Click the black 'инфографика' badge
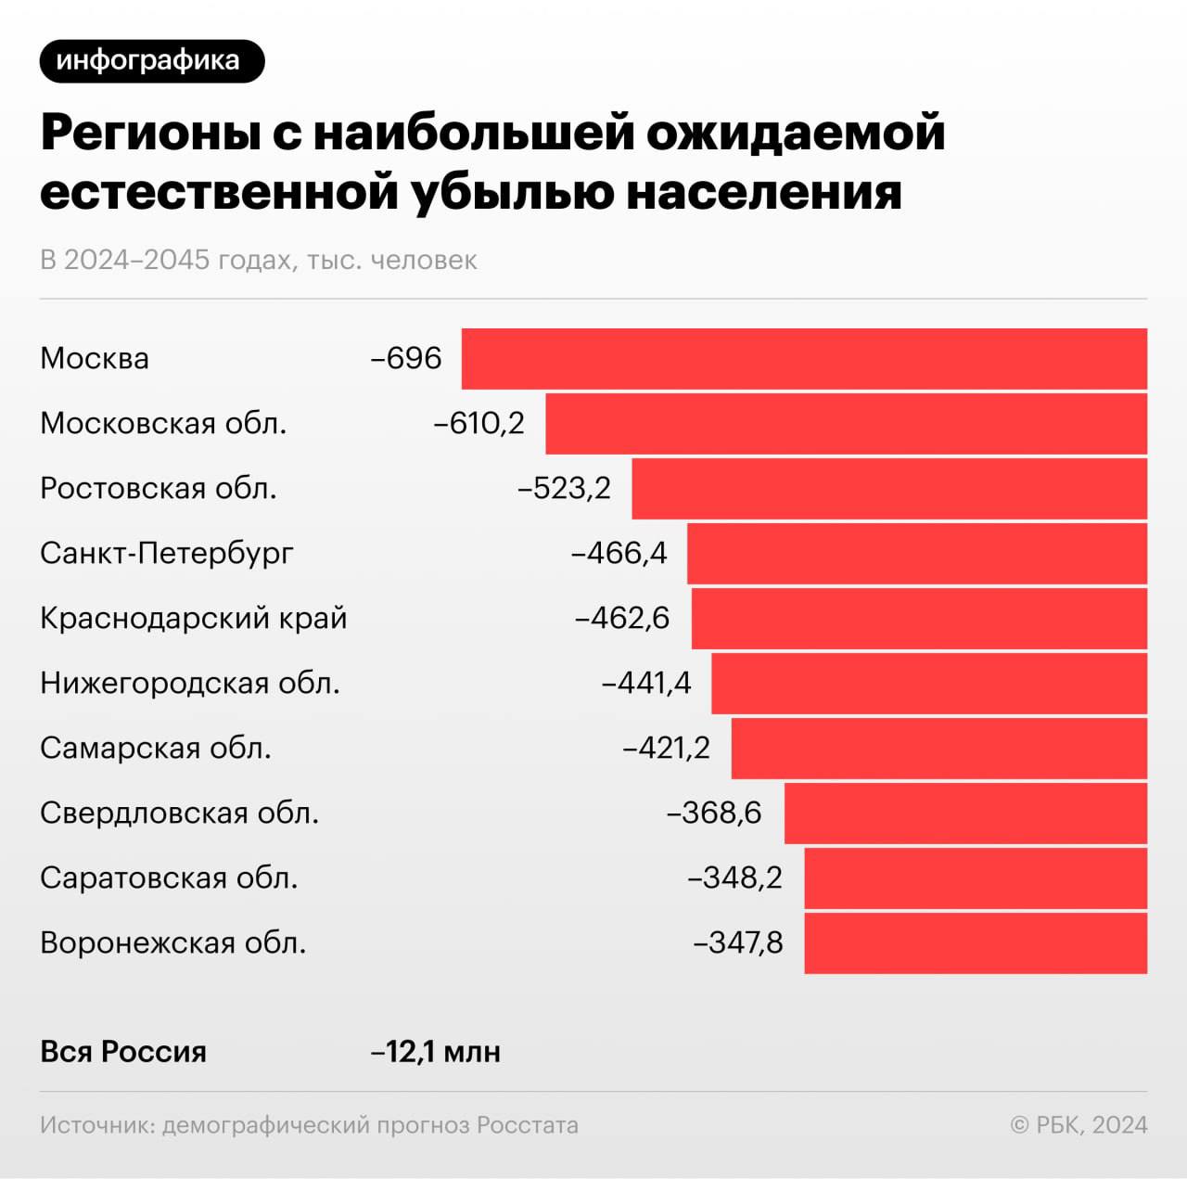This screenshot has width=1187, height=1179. click(x=152, y=61)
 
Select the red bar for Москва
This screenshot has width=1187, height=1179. click(x=804, y=359)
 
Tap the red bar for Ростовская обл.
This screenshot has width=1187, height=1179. click(x=889, y=489)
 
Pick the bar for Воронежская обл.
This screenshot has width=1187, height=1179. click(x=976, y=943)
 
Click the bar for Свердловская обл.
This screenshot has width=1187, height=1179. click(x=965, y=814)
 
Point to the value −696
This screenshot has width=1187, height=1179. click(x=406, y=359)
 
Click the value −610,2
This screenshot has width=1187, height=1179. click(x=479, y=424)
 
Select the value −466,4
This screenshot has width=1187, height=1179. click(x=619, y=554)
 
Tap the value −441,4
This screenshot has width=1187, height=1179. click(x=647, y=684)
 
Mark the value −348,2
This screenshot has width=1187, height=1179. click(x=735, y=878)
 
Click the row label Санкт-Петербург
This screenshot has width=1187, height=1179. click(x=167, y=554)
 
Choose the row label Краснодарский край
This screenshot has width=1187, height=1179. click(x=193, y=619)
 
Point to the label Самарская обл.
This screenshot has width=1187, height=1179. click(x=156, y=749)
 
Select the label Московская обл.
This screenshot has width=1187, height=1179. click(x=163, y=424)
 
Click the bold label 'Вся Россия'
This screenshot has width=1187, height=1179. click(x=123, y=1052)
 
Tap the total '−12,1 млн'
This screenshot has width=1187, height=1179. click(x=436, y=1052)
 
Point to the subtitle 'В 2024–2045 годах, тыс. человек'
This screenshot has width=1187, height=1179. click(x=259, y=260)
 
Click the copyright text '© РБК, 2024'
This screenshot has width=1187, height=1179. click(x=1079, y=1125)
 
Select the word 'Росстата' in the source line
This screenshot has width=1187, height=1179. click(x=527, y=1125)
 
